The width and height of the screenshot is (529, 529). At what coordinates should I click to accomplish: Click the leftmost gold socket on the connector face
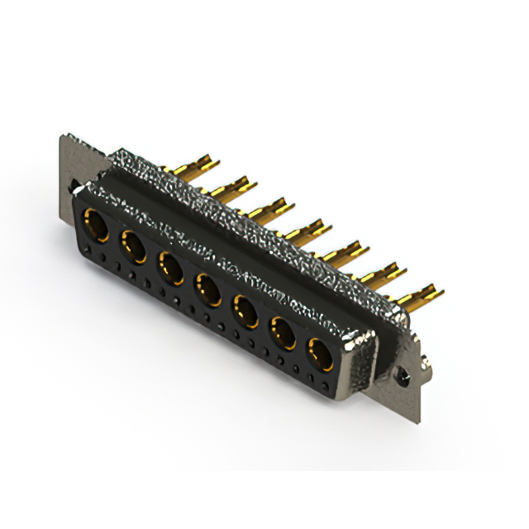click(96, 226)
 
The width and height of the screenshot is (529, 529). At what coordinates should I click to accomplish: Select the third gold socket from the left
click(170, 268)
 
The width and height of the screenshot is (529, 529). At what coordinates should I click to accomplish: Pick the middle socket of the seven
click(207, 289)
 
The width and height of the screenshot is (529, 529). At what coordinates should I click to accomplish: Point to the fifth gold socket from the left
click(245, 312)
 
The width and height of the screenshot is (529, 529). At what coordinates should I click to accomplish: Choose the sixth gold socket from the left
click(283, 334)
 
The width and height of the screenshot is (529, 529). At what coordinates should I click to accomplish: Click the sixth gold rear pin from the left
click(384, 274)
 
